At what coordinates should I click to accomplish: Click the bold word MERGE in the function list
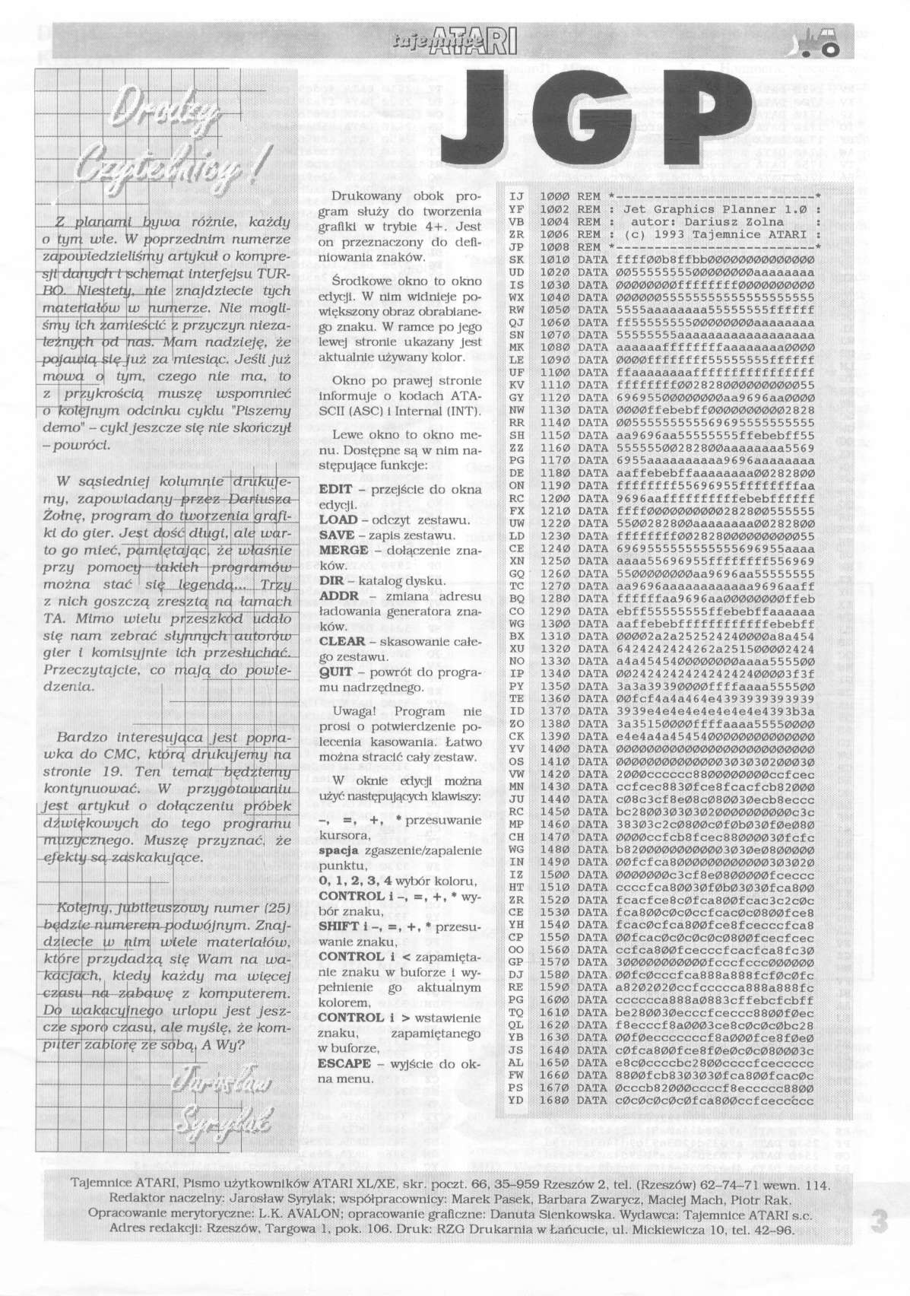pyautogui.click(x=344, y=550)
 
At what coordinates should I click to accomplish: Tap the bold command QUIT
pyautogui.click(x=336, y=672)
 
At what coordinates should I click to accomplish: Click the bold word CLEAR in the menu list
pyautogui.click(x=341, y=641)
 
